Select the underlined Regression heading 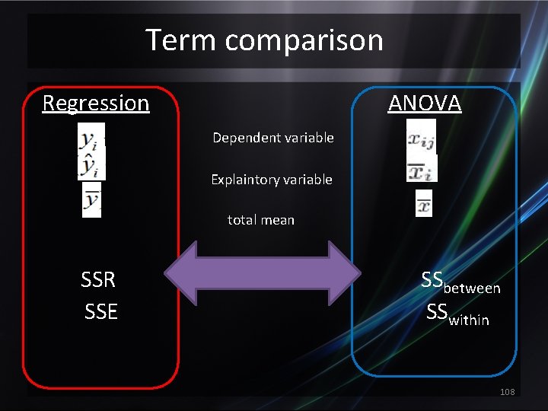coord(96,103)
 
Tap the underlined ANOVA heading coord(425,103)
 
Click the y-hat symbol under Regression coord(92,165)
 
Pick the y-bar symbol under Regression coord(92,200)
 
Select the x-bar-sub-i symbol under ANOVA coord(421,170)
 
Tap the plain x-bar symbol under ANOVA coord(424,204)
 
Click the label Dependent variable coord(272,138)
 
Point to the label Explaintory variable coord(271,180)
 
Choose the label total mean coord(260,220)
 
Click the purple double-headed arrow coord(263,274)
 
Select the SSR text coord(98,280)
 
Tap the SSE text coord(101,311)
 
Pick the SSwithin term coord(457,314)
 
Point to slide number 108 coord(508,391)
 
